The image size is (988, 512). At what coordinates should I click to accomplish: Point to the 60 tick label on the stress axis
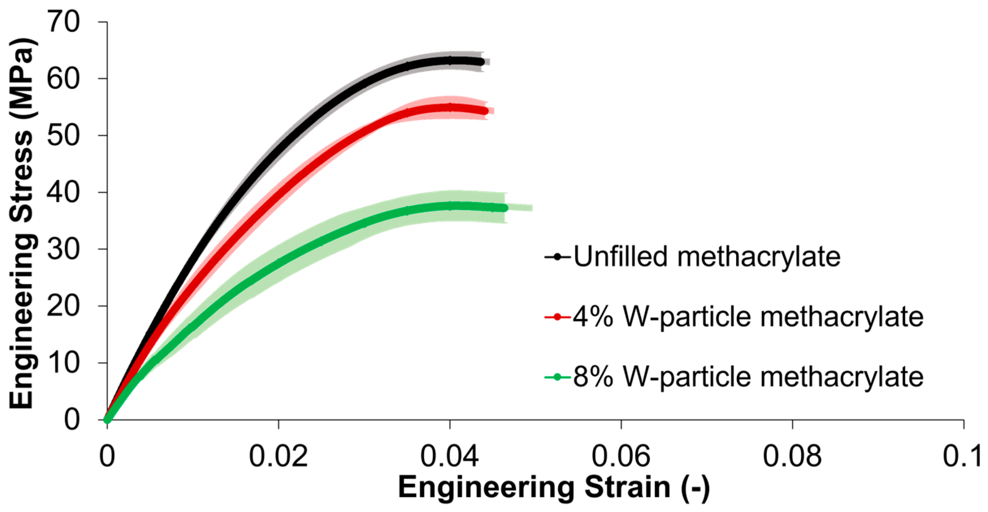coord(63,79)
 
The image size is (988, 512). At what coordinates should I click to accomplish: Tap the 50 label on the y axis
coord(63,135)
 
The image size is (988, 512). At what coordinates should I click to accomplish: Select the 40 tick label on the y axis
coord(63,192)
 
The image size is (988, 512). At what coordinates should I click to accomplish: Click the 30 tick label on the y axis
coord(63,249)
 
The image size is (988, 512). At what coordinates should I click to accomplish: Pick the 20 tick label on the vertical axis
coord(63,306)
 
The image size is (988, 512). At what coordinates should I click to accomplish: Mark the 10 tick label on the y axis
coord(63,363)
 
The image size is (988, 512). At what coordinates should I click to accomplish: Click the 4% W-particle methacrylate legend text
coord(748,317)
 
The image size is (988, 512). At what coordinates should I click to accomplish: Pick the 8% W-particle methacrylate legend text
coord(748,377)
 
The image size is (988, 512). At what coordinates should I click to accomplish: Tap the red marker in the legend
coord(557,317)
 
